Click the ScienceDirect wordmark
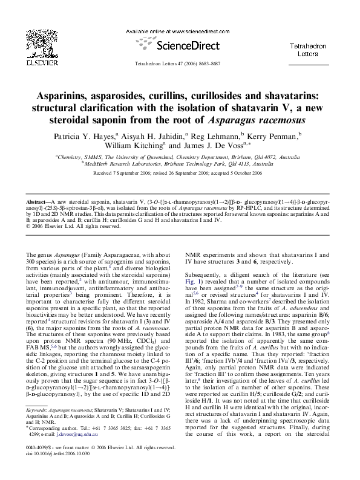coord(181,45)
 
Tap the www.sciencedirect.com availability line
coord(180,31)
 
